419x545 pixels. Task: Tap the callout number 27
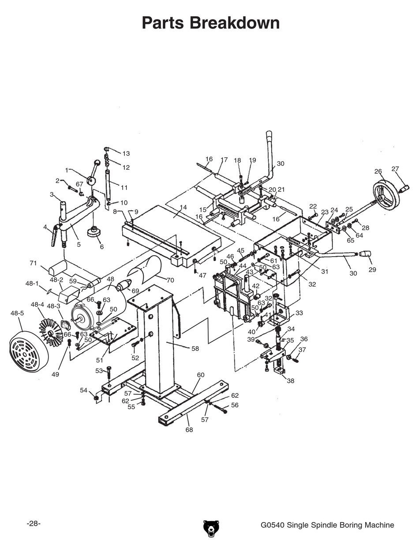pyautogui.click(x=395, y=169)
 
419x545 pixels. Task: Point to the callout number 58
pyautogui.click(x=195, y=348)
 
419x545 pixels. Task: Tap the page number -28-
pyautogui.click(x=34, y=523)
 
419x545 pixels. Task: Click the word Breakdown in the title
pyautogui.click(x=236, y=23)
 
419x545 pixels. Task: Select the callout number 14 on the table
pyautogui.click(x=183, y=207)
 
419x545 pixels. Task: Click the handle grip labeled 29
pyautogui.click(x=366, y=254)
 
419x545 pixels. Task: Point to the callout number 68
pyautogui.click(x=189, y=429)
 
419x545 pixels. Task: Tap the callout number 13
pyautogui.click(x=126, y=153)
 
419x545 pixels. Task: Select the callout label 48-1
pyautogui.click(x=32, y=284)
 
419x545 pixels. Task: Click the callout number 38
pyautogui.click(x=290, y=381)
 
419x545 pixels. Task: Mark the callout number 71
pyautogui.click(x=33, y=263)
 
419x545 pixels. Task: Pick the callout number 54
pyautogui.click(x=83, y=390)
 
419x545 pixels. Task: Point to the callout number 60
pyautogui.click(x=201, y=375)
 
